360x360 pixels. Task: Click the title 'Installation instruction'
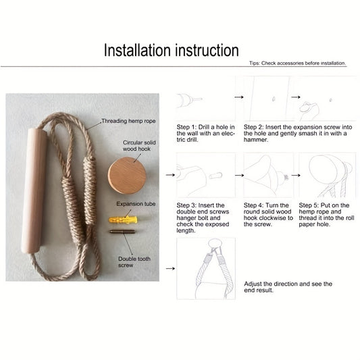(x=172, y=50)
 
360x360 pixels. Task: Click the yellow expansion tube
(x=123, y=220)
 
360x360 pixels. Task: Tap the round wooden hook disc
(x=127, y=176)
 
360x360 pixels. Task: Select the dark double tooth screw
(x=122, y=232)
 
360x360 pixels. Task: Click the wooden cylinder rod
(x=34, y=190)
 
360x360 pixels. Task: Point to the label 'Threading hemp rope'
(x=128, y=121)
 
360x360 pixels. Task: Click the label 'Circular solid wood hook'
(x=139, y=146)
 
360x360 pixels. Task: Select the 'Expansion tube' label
(x=136, y=204)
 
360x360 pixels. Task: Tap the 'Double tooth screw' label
(x=134, y=262)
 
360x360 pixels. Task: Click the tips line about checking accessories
(x=298, y=63)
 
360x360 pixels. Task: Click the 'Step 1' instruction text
(x=206, y=133)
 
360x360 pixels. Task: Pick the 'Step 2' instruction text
(x=298, y=133)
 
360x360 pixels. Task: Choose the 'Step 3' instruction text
(x=203, y=218)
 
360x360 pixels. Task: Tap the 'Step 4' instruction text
(x=268, y=215)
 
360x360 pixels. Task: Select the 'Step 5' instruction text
(x=326, y=215)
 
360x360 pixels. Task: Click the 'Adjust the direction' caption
(x=288, y=287)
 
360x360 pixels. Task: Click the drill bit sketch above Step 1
(x=190, y=100)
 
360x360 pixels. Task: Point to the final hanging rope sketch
(x=206, y=269)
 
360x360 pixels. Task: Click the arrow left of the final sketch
(x=170, y=268)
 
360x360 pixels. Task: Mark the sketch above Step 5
(x=328, y=175)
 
